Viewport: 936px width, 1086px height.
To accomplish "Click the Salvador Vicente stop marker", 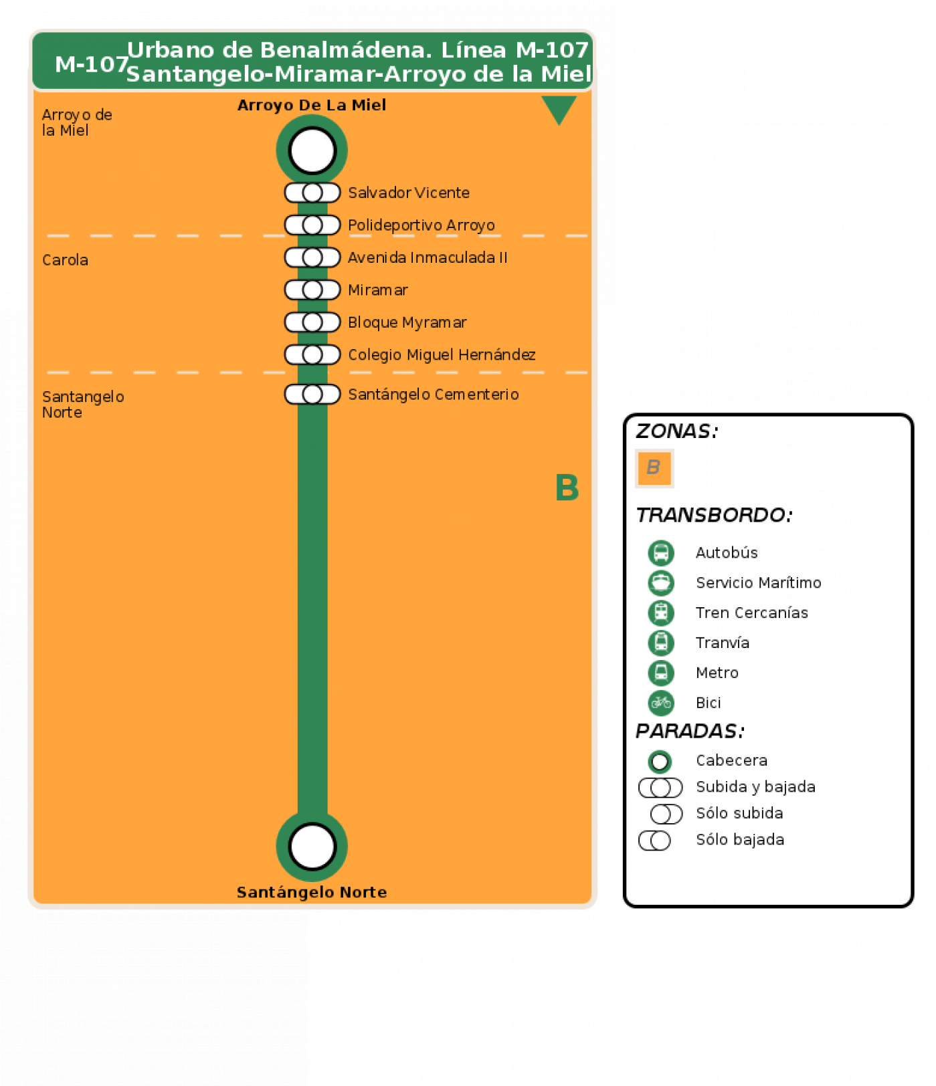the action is [x=312, y=193].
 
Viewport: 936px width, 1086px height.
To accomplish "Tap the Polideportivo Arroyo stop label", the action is [x=422, y=225].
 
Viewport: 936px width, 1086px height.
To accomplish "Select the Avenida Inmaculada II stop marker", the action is [x=312, y=257].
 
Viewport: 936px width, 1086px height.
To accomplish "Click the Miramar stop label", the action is [x=378, y=290].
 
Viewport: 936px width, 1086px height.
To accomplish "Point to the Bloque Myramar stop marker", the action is [x=312, y=322].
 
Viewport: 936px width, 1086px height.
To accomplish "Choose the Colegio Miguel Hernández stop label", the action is [x=442, y=355].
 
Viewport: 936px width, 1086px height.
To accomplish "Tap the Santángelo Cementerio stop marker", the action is [x=312, y=395].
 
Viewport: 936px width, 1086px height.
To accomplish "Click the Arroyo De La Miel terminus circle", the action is [x=312, y=150].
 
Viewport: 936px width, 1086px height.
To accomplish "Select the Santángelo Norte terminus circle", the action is [x=312, y=847].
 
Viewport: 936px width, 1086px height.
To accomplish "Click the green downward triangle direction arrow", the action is [x=559, y=108].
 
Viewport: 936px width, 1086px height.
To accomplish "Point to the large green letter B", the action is [x=567, y=487].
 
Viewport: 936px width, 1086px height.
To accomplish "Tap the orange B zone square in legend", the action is [x=654, y=468].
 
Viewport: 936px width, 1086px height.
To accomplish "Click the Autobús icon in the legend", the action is [x=661, y=553].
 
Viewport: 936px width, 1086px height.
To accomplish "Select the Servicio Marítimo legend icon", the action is [x=661, y=583].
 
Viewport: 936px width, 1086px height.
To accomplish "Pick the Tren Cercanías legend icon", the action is [x=661, y=613].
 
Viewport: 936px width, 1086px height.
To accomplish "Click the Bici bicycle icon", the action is [x=661, y=703].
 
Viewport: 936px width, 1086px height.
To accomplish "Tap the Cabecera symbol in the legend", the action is [x=660, y=762].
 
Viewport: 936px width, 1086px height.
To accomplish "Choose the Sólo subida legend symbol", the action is [x=666, y=814].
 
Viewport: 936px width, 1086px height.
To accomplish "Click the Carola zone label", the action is [x=65, y=260].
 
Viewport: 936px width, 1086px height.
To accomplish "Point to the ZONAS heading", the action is [x=676, y=431].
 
